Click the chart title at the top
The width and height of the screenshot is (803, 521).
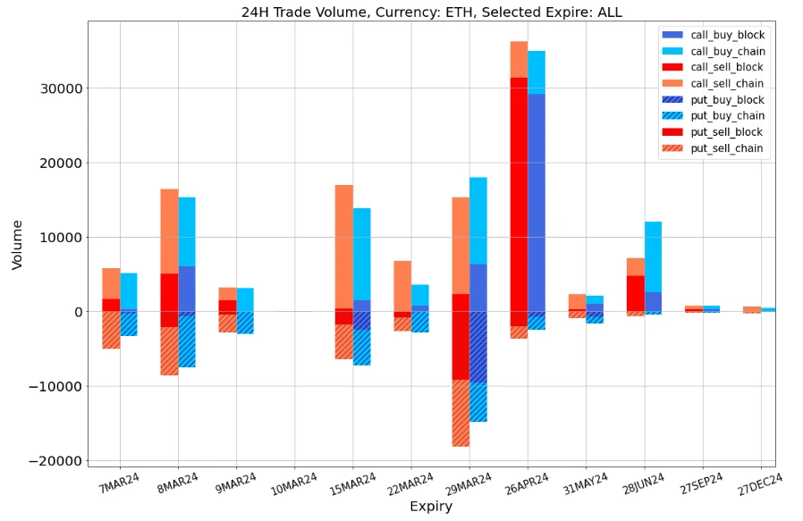(x=431, y=13)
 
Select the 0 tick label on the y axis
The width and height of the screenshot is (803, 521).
(x=79, y=312)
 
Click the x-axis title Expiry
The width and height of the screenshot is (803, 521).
(x=431, y=507)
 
